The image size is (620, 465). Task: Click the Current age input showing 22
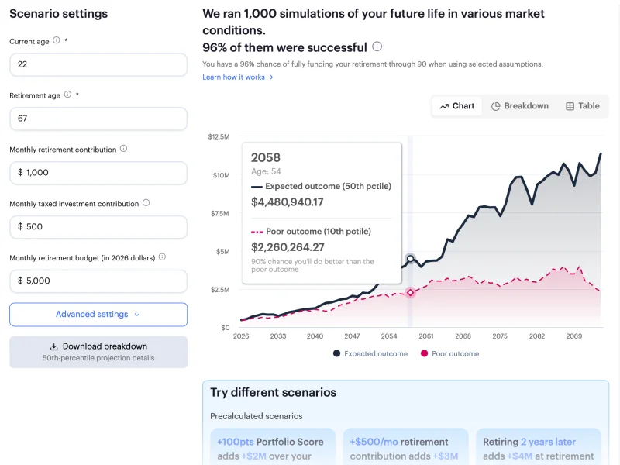pos(98,64)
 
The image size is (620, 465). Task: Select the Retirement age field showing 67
pos(98,119)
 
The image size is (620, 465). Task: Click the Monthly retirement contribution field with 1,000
pos(98,173)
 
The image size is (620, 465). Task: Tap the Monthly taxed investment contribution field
pos(98,227)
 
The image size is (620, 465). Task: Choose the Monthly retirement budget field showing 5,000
pos(98,281)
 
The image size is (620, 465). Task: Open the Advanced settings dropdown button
pos(98,315)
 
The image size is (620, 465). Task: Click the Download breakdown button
pos(98,352)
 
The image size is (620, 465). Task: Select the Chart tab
pos(457,106)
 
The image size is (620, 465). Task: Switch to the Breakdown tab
pos(520,106)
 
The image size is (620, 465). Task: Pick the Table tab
pos(583,106)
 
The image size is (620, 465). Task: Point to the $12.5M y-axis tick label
pos(219,137)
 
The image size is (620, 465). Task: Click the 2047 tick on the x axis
pos(352,337)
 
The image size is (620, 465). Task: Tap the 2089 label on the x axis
pos(574,337)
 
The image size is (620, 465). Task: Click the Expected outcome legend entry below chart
pos(370,354)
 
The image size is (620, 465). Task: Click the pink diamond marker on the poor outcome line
pos(410,292)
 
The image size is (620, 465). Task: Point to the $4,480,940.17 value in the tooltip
pos(288,202)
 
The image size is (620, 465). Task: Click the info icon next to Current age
pos(57,40)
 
